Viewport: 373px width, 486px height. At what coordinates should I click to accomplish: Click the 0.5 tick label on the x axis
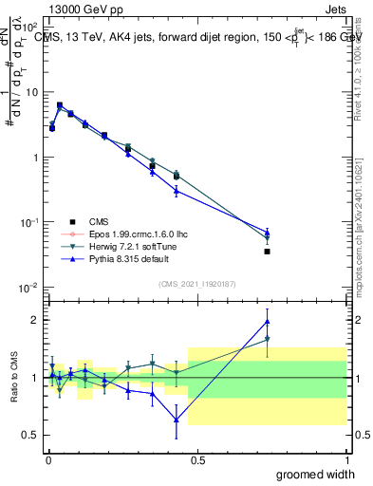(197, 460)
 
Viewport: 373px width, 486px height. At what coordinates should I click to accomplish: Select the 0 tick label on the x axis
(48, 460)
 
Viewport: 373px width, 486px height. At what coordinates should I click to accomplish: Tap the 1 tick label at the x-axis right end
(346, 460)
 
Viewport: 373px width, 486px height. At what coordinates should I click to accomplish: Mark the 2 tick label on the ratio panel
(35, 320)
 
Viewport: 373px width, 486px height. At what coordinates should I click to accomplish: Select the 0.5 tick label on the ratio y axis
(31, 436)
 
